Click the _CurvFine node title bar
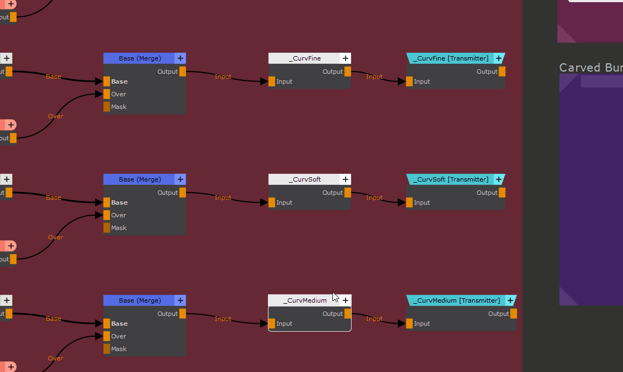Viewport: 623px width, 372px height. [304, 58]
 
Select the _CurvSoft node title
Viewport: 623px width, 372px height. [304, 179]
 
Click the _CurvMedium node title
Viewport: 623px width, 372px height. [304, 300]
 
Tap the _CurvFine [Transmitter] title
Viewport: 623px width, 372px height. [451, 58]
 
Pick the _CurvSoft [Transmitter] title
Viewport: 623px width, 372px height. [451, 179]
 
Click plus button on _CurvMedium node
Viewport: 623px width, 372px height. [346, 300]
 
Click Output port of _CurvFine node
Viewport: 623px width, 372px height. [348, 72]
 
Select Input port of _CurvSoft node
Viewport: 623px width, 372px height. [272, 203]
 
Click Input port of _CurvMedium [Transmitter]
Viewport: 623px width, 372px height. [409, 324]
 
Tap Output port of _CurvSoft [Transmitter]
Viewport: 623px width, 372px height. [502, 193]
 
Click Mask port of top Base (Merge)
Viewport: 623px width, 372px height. [107, 107]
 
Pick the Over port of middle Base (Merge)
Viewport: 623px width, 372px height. [107, 215]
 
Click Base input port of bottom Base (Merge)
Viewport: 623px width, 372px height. [107, 324]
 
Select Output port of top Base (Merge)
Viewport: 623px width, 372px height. [183, 72]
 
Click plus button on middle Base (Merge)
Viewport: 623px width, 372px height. [181, 179]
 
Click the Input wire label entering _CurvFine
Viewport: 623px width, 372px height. [223, 76]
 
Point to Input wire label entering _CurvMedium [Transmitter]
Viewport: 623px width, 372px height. [374, 319]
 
